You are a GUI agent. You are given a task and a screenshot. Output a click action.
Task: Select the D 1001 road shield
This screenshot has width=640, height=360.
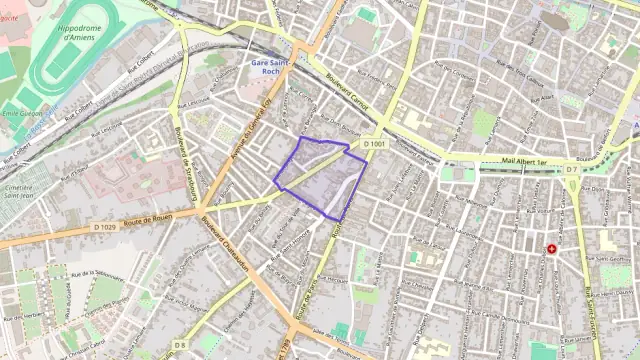[x=374, y=145]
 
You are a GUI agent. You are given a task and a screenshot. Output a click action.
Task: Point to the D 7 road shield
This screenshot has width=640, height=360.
[x=571, y=170]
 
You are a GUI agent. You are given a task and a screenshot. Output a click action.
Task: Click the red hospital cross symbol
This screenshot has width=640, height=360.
[x=551, y=249]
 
